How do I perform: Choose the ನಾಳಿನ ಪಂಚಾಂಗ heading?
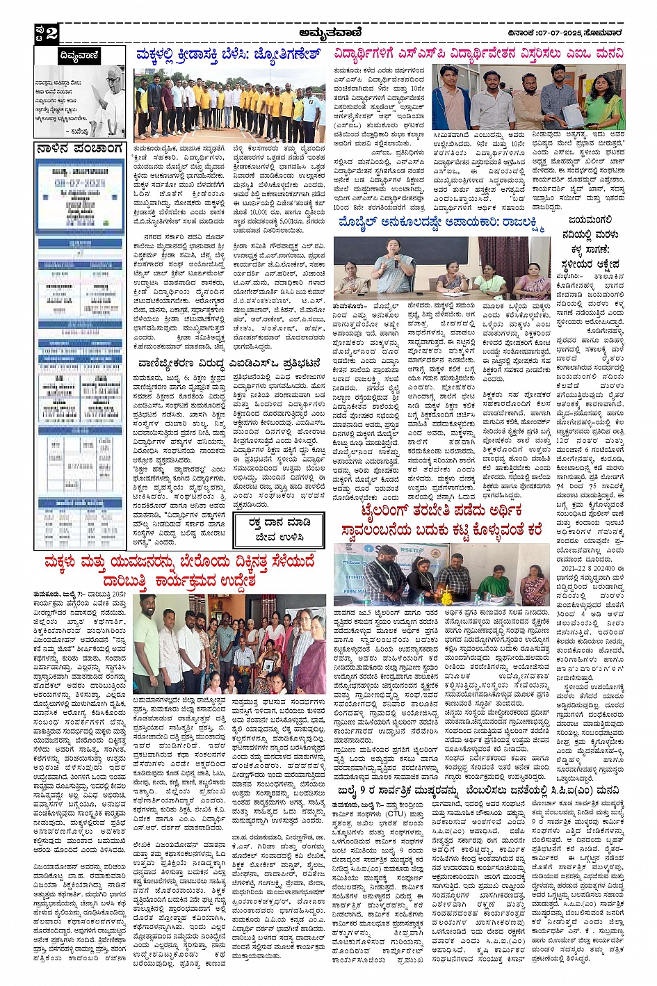click(79, 149)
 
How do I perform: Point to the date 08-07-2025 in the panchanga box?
click(80, 183)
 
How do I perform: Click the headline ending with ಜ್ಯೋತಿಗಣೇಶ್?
click(229, 55)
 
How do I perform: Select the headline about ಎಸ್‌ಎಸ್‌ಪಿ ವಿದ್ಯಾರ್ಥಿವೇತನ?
click(478, 54)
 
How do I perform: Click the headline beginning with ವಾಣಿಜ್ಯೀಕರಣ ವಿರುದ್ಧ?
click(229, 363)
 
